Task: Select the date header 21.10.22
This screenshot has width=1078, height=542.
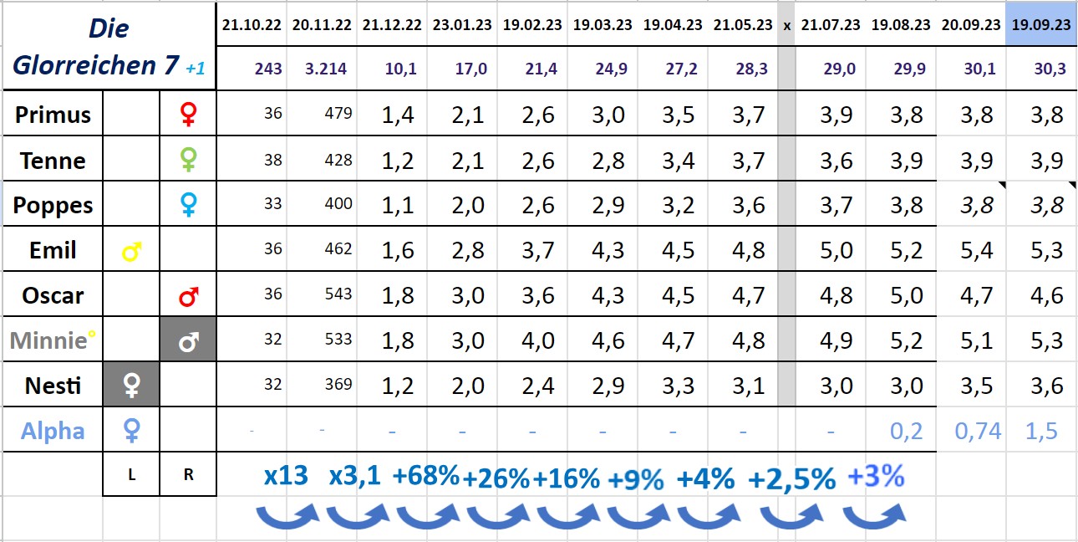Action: point(252,24)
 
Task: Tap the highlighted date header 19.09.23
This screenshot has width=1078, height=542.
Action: point(1041,24)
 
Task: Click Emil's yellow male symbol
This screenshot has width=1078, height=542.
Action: point(130,250)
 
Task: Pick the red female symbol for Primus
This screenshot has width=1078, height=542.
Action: point(188,114)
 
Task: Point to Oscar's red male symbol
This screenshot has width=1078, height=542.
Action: point(188,295)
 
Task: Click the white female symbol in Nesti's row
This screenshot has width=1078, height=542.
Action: point(131,386)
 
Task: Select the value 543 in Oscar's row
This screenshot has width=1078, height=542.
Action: point(338,294)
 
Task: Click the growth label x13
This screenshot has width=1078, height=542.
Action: point(286,476)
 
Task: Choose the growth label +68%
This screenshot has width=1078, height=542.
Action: point(425,476)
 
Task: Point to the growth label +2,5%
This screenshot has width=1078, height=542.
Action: point(791,478)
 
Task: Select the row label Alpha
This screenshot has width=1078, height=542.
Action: point(53,431)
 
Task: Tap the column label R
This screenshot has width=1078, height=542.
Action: point(188,473)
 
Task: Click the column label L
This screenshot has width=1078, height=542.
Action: point(131,473)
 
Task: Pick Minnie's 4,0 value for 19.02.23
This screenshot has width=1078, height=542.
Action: point(538,340)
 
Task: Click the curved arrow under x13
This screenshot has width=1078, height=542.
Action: point(287,515)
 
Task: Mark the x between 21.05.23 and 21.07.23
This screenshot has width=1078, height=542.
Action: point(786,25)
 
